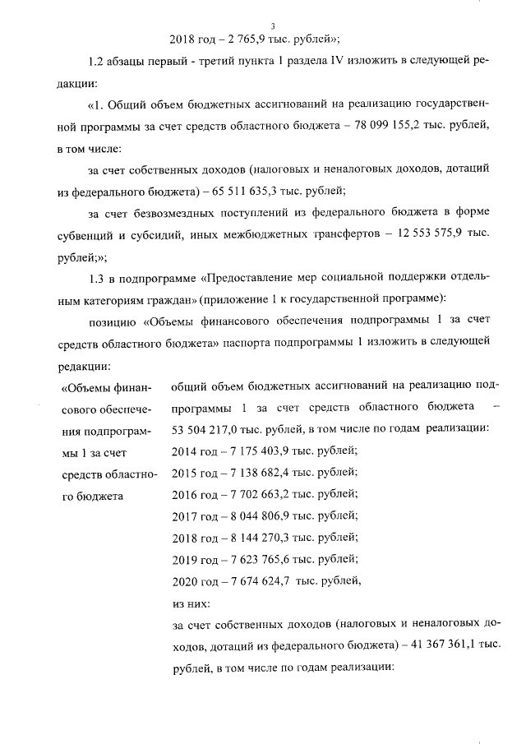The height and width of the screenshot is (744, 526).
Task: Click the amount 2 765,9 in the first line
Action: tap(238, 39)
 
